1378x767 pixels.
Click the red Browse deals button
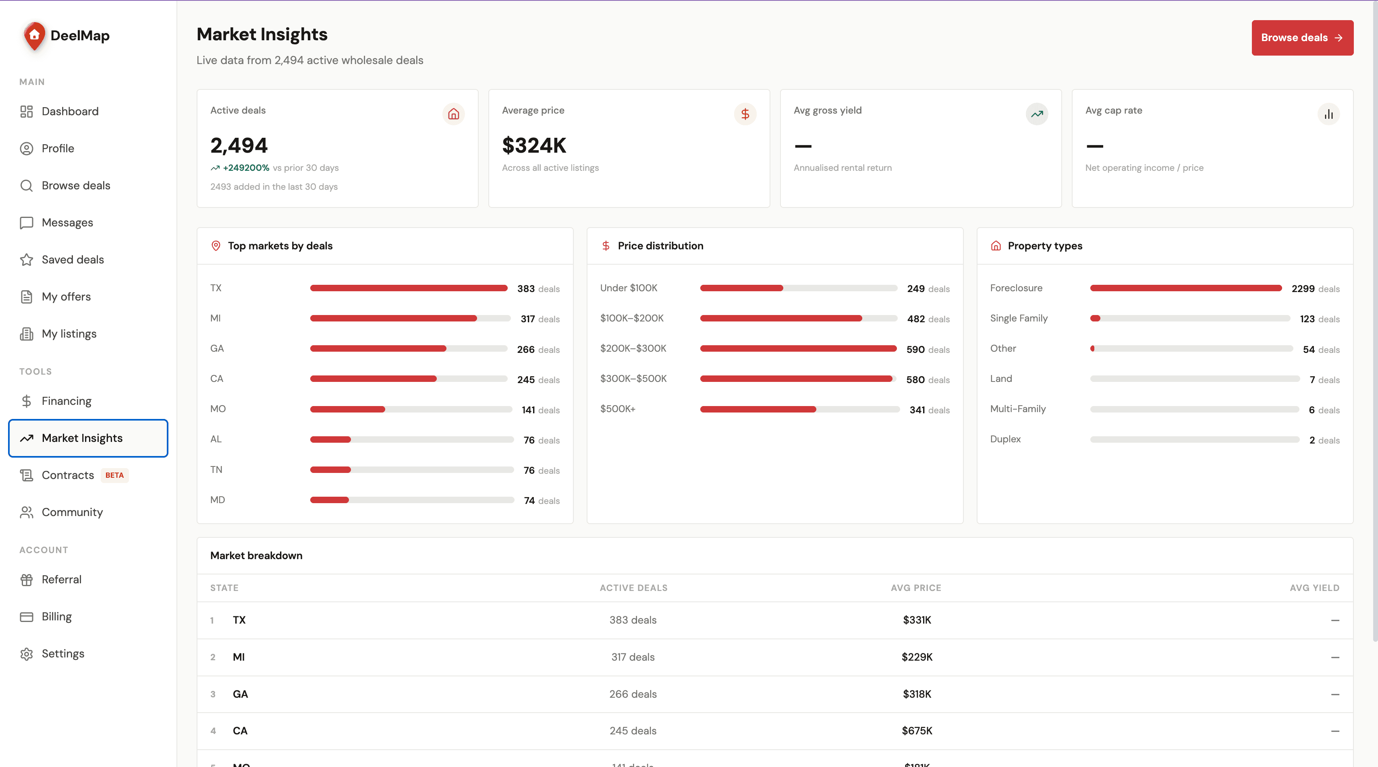pyautogui.click(x=1302, y=37)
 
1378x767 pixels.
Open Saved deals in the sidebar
pyautogui.click(x=73, y=259)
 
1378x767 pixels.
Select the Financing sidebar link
pyautogui.click(x=66, y=401)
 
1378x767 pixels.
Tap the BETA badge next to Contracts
pyautogui.click(x=114, y=475)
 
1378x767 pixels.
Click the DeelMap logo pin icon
pyautogui.click(x=34, y=36)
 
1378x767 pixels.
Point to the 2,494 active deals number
pyautogui.click(x=239, y=145)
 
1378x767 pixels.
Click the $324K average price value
pyautogui.click(x=534, y=145)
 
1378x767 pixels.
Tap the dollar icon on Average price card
pyautogui.click(x=745, y=114)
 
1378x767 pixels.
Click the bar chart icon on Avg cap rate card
pyautogui.click(x=1329, y=114)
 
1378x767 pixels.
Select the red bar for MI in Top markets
pyautogui.click(x=393, y=318)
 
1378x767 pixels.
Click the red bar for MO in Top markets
pyautogui.click(x=348, y=409)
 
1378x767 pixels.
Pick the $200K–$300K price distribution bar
pyautogui.click(x=798, y=349)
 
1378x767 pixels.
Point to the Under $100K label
pyautogui.click(x=629, y=288)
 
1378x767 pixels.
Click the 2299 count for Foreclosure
pyautogui.click(x=1303, y=289)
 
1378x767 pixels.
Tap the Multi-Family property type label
pyautogui.click(x=1017, y=408)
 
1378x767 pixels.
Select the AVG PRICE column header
pyautogui.click(x=916, y=588)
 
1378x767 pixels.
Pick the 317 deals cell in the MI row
pyautogui.click(x=633, y=657)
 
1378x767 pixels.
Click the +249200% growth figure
pyautogui.click(x=246, y=168)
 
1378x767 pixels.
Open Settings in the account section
pyautogui.click(x=62, y=654)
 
